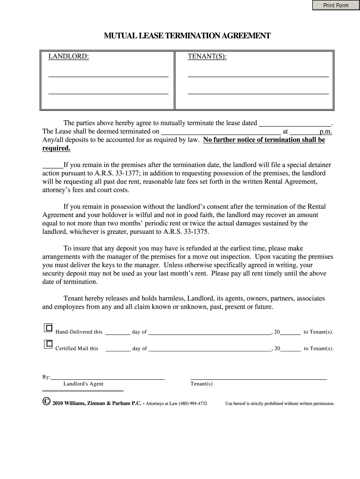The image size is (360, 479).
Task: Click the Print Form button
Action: [x=336, y=5]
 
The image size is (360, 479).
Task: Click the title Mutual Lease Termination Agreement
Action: [x=187, y=36]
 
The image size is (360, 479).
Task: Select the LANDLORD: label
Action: [x=69, y=57]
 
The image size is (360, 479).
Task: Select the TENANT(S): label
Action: [x=207, y=57]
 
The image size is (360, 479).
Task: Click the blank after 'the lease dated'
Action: [x=295, y=123]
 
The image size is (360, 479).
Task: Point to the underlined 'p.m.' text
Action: [x=325, y=132]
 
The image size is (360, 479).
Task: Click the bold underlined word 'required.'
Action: [x=57, y=148]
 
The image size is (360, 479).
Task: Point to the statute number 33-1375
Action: [x=193, y=232]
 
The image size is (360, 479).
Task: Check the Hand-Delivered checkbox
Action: [x=48, y=328]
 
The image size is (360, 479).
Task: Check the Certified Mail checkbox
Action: [x=48, y=345]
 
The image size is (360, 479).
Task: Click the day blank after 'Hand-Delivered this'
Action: [x=118, y=333]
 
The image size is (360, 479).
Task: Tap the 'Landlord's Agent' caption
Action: [x=83, y=384]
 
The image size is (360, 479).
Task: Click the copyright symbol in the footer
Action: [x=46, y=402]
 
